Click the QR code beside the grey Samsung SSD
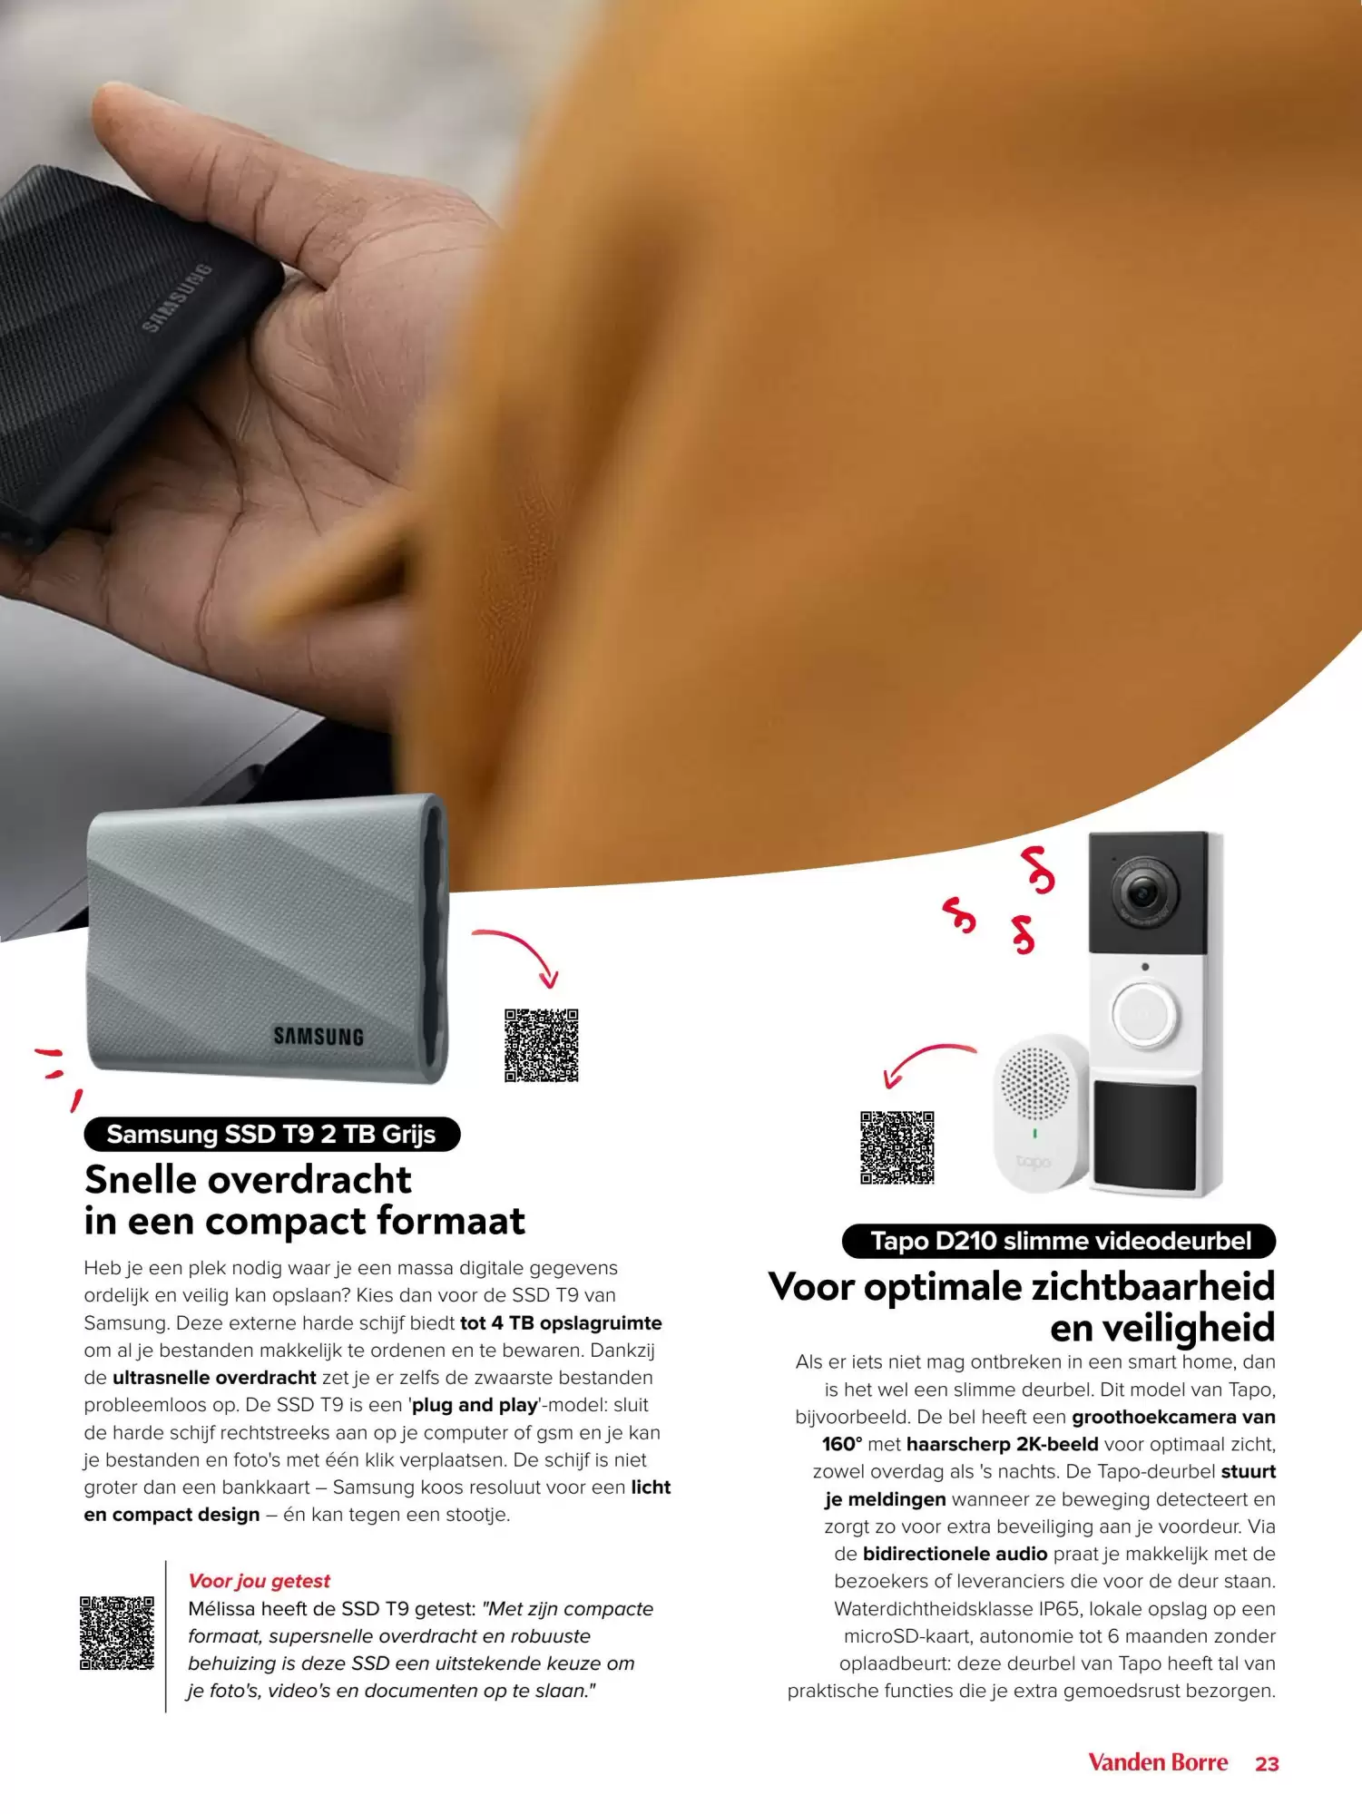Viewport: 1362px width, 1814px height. tap(541, 1045)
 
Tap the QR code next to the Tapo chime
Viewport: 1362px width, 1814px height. tap(897, 1147)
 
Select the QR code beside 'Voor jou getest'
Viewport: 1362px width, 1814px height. tap(117, 1634)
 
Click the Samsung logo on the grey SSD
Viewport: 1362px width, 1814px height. tap(318, 1036)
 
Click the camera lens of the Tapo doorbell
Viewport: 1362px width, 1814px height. tap(1138, 893)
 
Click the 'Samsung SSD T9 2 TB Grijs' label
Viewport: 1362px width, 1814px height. tap(271, 1134)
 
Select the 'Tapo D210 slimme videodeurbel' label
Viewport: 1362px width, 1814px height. tap(1059, 1241)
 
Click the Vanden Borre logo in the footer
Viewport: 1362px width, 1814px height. tap(1158, 1762)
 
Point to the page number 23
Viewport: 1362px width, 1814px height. tap(1267, 1764)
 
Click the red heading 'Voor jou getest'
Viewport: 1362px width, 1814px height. tap(259, 1581)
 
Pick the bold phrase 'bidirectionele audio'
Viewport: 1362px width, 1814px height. tap(955, 1554)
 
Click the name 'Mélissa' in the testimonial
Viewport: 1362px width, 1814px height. tap(221, 1608)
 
